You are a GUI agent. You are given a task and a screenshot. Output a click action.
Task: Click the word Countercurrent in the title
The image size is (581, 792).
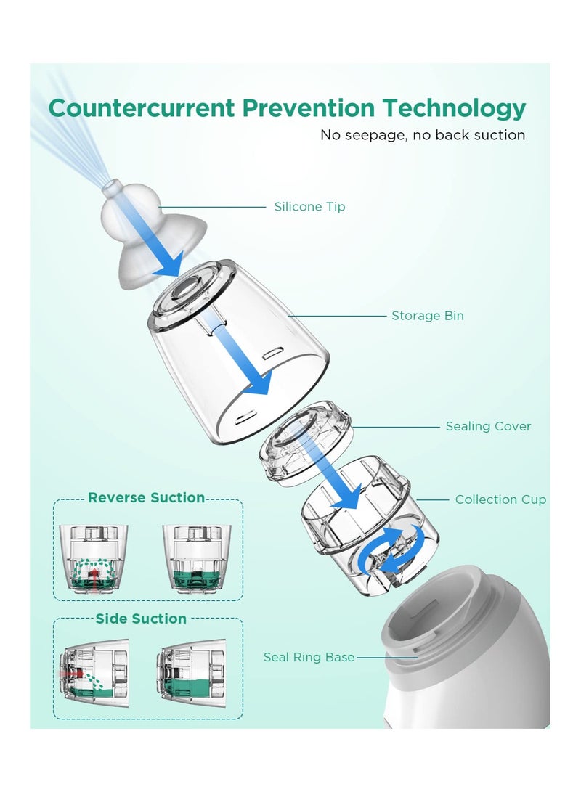tap(141, 108)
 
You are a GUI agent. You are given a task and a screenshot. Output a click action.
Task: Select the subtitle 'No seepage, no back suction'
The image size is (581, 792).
tap(423, 135)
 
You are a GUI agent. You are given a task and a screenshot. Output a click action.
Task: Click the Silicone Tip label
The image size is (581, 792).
tap(309, 207)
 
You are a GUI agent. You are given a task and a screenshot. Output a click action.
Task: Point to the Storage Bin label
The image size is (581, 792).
tap(427, 316)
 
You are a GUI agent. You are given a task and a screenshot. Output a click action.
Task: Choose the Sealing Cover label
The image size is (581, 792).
tap(488, 426)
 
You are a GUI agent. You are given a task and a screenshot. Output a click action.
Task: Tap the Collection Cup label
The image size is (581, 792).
tap(500, 499)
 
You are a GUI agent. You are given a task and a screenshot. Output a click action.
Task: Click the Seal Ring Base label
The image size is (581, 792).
tap(309, 657)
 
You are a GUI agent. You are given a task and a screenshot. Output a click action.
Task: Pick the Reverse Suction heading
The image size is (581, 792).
tap(146, 498)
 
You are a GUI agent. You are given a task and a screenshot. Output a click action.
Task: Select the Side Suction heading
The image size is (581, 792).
tap(141, 619)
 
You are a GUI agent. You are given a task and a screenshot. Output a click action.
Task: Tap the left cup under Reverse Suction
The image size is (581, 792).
tap(92, 558)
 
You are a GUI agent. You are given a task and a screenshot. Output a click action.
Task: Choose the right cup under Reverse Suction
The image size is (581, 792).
tap(195, 558)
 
